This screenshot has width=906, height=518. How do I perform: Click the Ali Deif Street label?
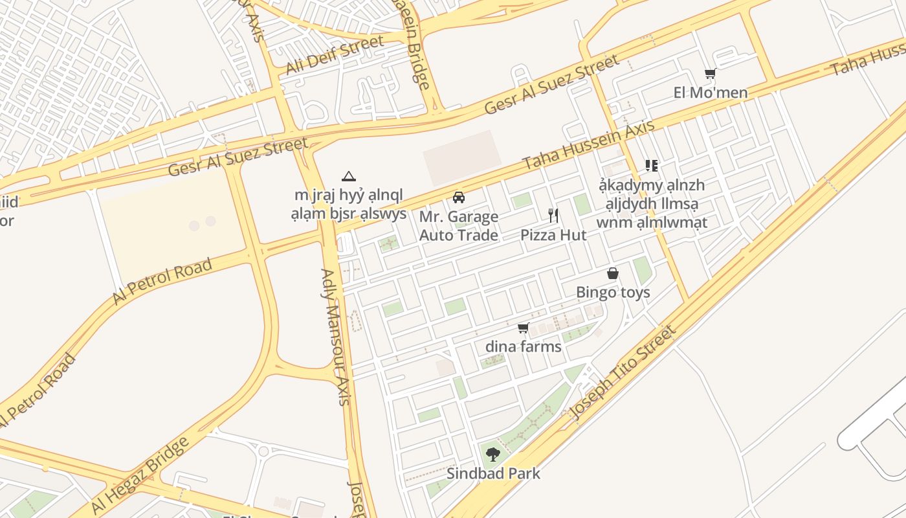(335, 55)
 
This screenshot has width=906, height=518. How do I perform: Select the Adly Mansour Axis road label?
(335, 337)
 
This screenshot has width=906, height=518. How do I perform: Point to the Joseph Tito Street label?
(623, 372)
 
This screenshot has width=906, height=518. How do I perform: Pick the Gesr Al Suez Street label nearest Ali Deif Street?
(238, 157)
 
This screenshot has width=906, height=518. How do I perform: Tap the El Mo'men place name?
(711, 93)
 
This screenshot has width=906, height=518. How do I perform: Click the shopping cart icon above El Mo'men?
(710, 74)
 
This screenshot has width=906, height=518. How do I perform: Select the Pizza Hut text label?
(553, 235)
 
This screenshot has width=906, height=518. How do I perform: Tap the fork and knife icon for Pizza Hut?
(553, 216)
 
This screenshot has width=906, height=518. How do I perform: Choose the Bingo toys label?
(613, 293)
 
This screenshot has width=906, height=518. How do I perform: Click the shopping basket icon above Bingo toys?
(613, 274)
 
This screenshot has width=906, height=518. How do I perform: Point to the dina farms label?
(524, 346)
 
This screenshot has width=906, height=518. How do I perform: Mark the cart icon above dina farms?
(524, 328)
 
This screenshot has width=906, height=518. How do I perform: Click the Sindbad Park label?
(493, 473)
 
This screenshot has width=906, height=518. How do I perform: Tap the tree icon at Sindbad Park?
(493, 454)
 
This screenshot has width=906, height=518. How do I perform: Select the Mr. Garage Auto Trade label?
(459, 225)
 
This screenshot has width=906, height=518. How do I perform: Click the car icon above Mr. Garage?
(459, 197)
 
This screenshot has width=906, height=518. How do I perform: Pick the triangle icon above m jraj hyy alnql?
(349, 176)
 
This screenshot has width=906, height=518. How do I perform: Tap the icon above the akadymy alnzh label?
(652, 166)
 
